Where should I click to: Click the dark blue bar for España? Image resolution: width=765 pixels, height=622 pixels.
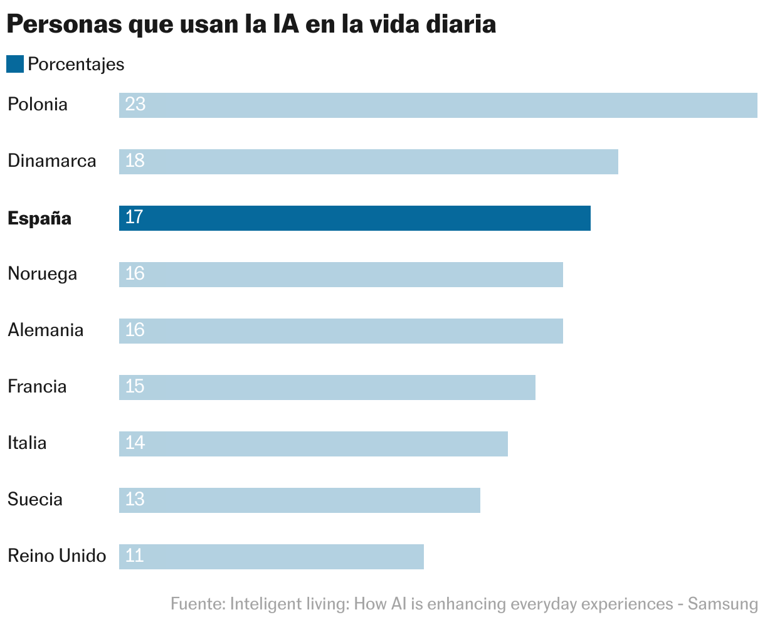tap(355, 218)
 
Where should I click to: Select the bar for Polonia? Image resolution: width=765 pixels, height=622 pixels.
tap(438, 105)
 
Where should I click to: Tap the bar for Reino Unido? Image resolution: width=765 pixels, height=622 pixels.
tap(272, 557)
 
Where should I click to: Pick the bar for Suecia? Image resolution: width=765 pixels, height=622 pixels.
tap(300, 500)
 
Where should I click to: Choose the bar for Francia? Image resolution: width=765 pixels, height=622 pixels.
tap(327, 387)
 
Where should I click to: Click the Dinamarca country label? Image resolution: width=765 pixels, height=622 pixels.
tap(52, 161)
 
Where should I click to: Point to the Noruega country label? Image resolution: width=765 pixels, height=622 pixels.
tap(42, 274)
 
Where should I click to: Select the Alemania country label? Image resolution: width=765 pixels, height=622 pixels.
tap(45, 330)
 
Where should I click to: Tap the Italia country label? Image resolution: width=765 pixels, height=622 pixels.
tap(27, 443)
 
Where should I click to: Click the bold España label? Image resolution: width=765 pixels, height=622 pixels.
tap(40, 218)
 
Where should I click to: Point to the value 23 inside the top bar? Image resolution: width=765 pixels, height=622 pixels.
tap(135, 104)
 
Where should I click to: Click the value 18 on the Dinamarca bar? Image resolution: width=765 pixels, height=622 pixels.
tap(135, 161)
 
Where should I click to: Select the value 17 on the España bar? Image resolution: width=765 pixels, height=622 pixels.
tap(134, 217)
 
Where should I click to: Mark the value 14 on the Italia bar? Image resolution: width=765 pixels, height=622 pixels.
tap(135, 443)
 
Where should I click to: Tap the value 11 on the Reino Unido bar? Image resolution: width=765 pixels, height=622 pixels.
tap(134, 556)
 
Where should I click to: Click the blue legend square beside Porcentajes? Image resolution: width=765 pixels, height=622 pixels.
tap(15, 64)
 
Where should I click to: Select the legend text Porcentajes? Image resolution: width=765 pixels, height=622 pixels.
tap(76, 65)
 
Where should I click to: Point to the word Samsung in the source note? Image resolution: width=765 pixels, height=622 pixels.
tap(723, 604)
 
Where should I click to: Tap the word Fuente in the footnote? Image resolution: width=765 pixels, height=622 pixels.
tap(197, 604)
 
